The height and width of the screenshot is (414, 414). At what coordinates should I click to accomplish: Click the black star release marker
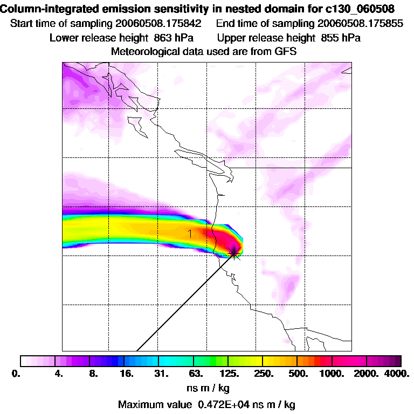coord(234,252)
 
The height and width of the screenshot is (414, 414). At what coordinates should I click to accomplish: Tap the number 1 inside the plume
coord(190,233)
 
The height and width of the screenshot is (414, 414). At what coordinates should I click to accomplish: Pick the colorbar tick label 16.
coord(127,373)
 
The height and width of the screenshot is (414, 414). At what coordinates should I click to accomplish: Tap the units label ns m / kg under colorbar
coord(206,388)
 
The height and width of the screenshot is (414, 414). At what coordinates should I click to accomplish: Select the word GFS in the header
coord(286,52)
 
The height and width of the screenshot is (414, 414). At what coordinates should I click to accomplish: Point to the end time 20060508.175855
coord(360,24)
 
